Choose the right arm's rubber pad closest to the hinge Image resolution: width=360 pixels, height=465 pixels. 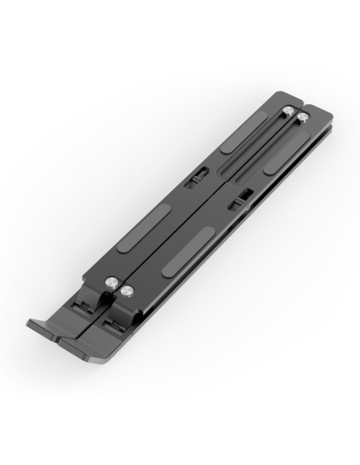pos(187,252)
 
